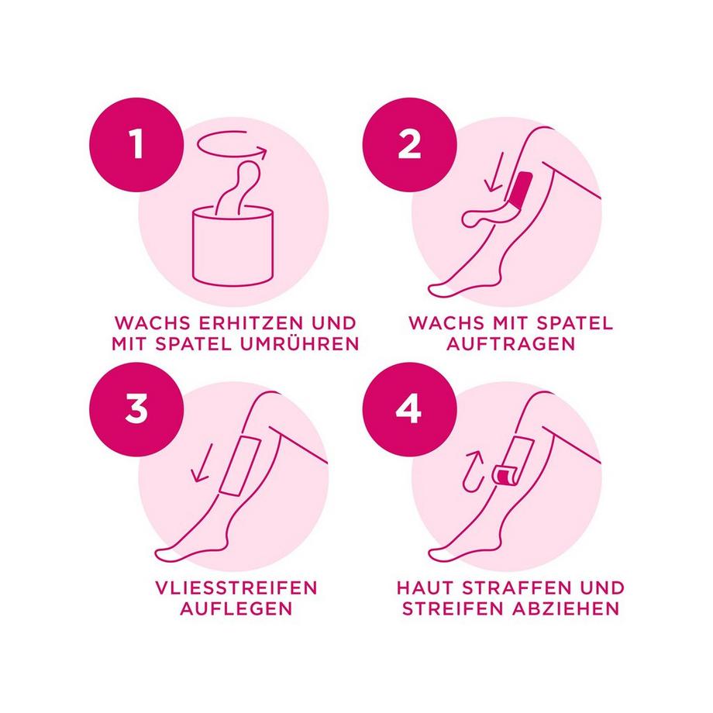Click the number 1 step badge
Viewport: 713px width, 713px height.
click(x=136, y=145)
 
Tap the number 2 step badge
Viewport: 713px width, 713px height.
click(x=410, y=145)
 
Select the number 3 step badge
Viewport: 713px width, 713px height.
click(x=136, y=409)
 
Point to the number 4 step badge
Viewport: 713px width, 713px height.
click(x=410, y=409)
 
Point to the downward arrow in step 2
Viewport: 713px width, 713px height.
click(x=495, y=172)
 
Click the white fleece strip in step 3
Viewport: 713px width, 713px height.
click(x=240, y=465)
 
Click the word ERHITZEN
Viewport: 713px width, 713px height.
click(x=251, y=323)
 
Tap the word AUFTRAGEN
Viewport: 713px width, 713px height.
click(x=511, y=344)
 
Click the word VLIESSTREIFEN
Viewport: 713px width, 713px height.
click(x=236, y=588)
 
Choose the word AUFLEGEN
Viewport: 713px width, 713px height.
click(x=236, y=608)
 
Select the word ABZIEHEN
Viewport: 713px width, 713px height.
click(x=566, y=608)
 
